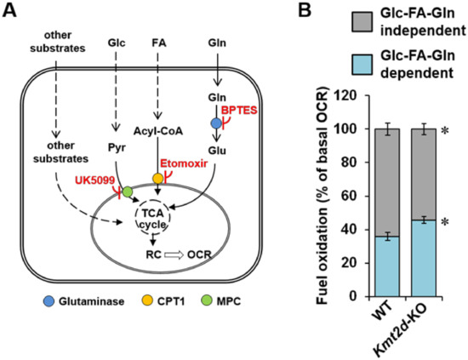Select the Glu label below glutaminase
click(214, 145)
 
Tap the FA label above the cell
click(156, 41)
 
